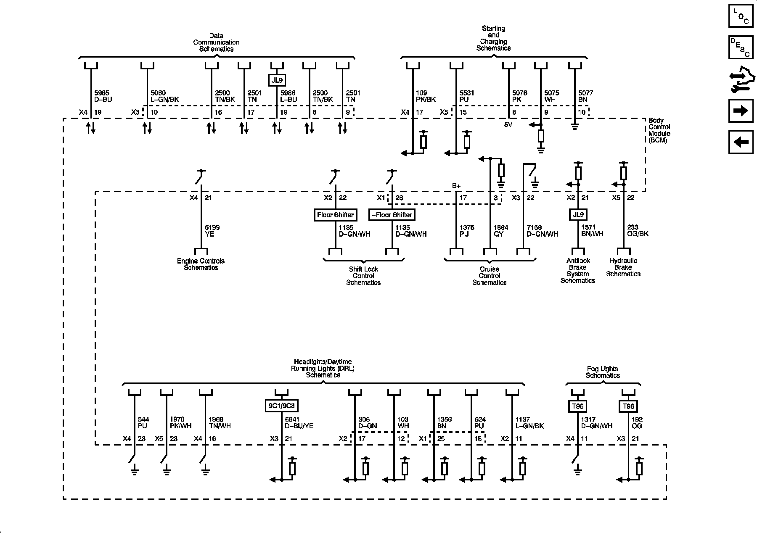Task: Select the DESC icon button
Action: (x=741, y=47)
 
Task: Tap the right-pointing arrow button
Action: (x=741, y=111)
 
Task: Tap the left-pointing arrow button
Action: (x=741, y=142)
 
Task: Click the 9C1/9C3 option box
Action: (x=281, y=406)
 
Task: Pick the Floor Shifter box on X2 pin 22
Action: (x=336, y=215)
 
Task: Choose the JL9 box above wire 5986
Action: (x=276, y=79)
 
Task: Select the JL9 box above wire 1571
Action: (x=578, y=214)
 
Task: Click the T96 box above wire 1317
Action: (x=578, y=406)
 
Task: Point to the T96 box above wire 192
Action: (x=628, y=406)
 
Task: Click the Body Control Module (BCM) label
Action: (x=659, y=130)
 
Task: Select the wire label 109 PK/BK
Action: (x=426, y=96)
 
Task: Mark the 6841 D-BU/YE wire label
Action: (x=299, y=422)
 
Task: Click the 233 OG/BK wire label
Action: (x=638, y=230)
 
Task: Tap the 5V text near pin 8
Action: (x=508, y=125)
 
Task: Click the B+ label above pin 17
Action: (x=456, y=186)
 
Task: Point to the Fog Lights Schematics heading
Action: (x=603, y=372)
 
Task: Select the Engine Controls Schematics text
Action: (x=201, y=264)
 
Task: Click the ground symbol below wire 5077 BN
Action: (x=574, y=126)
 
